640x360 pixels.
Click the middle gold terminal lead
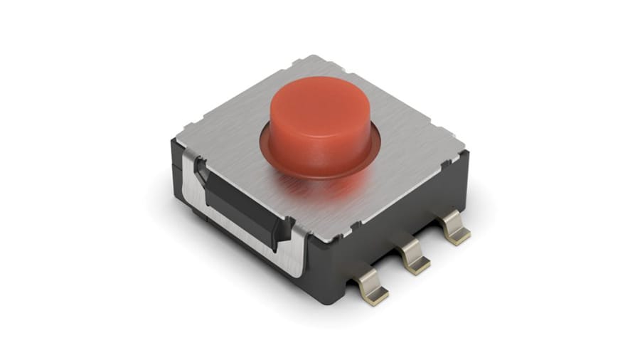coord(415,258)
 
